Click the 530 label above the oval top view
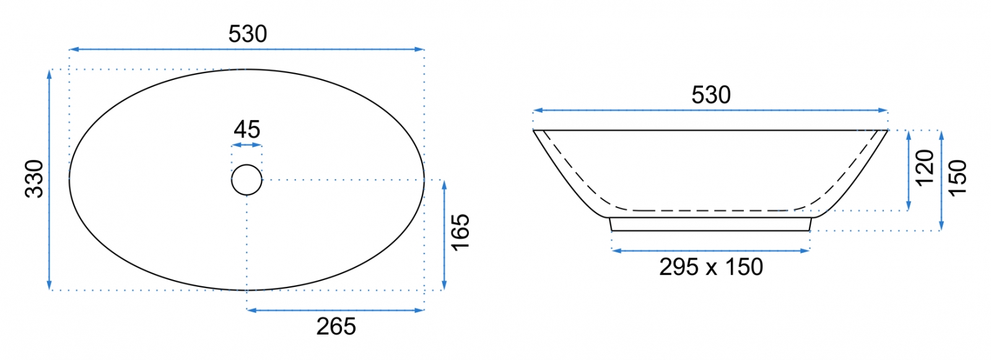(248, 34)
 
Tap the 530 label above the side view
(711, 95)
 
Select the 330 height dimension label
(34, 178)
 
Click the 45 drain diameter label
(247, 130)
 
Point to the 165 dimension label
(460, 232)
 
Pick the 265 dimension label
(336, 327)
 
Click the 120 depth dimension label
(925, 169)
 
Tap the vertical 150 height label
(958, 178)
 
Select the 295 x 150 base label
(711, 267)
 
